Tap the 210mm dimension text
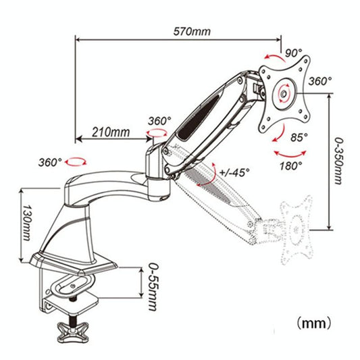(x=111, y=132)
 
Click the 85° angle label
(x=299, y=137)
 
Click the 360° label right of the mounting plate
(x=320, y=80)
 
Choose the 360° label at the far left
(x=51, y=163)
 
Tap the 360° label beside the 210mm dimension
(x=159, y=121)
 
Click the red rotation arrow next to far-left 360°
(x=78, y=162)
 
